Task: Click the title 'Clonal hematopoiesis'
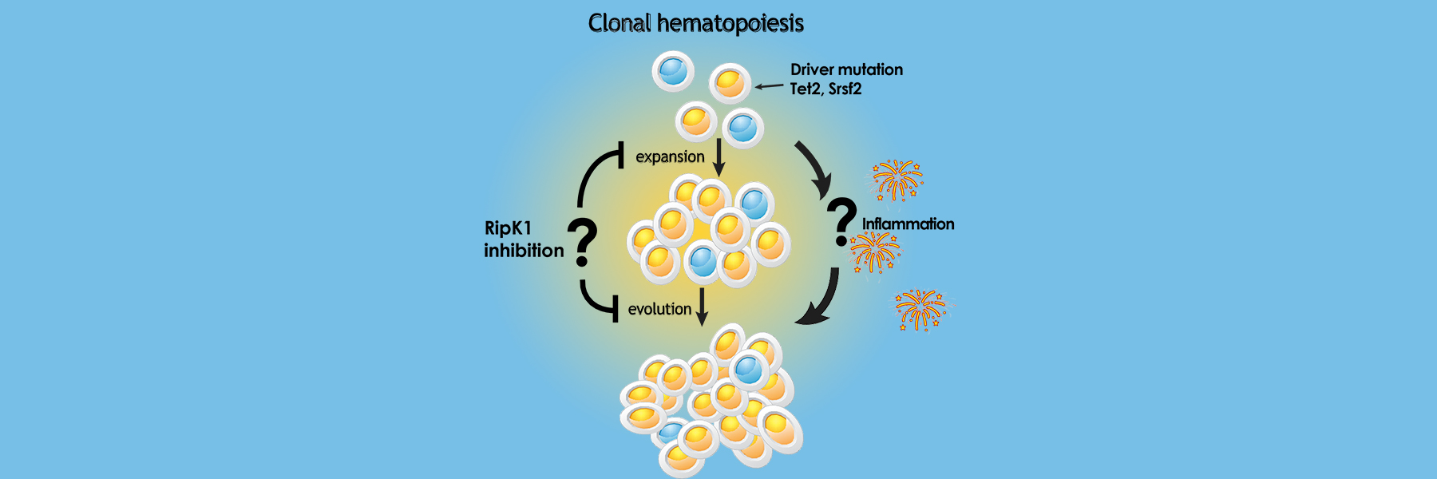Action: [x=695, y=23]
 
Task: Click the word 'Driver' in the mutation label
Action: [x=810, y=69]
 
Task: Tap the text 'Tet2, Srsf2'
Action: [x=825, y=89]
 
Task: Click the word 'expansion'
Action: [x=670, y=156]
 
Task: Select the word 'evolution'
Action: [x=659, y=309]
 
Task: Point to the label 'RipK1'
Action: [x=508, y=228]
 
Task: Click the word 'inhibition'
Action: [x=524, y=251]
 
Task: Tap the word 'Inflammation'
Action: [x=908, y=224]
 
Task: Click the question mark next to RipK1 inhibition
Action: [x=584, y=243]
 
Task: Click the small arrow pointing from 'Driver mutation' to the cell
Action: [x=770, y=86]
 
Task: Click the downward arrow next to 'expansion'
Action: [x=718, y=157]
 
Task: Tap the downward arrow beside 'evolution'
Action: [x=702, y=307]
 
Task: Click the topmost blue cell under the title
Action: [x=673, y=70]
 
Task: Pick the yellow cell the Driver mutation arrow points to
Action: [x=730, y=82]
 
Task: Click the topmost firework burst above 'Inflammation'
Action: [x=897, y=179]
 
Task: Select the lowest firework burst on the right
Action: [x=920, y=309]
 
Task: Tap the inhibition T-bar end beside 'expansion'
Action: [x=621, y=155]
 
